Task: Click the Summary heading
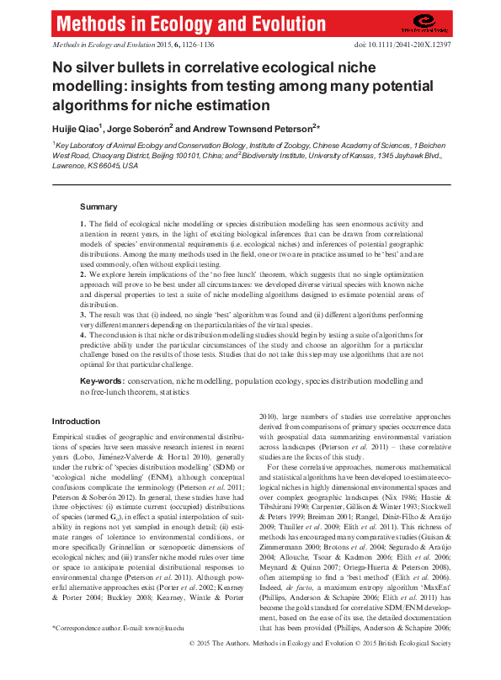coord(99,207)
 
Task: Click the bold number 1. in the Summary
coord(83,224)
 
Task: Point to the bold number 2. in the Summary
coord(83,274)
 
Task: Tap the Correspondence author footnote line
coord(118,651)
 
